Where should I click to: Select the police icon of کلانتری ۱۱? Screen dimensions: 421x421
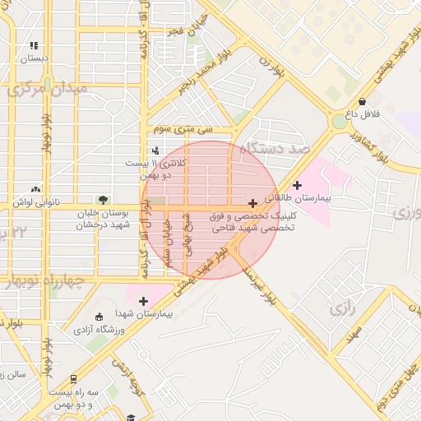(x=156, y=150)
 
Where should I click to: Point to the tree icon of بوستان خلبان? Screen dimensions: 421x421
(x=103, y=200)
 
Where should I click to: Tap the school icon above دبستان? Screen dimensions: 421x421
(x=34, y=46)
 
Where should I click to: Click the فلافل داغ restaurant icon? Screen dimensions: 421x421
(x=362, y=101)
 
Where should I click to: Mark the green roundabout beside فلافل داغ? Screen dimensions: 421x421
(x=339, y=122)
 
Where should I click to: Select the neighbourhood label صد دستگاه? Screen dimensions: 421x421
(x=276, y=149)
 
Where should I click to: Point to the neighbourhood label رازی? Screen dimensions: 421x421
(x=340, y=309)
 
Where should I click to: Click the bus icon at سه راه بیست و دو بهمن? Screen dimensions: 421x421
(x=73, y=379)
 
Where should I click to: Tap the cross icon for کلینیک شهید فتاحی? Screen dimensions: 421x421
(x=252, y=202)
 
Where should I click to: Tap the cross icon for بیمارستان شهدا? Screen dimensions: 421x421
(x=143, y=301)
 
